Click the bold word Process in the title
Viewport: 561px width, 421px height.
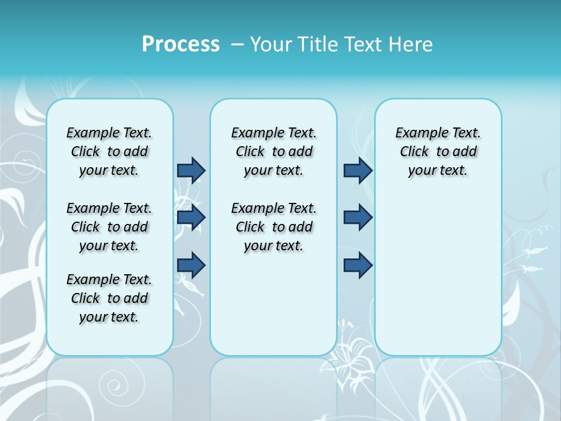tap(181, 44)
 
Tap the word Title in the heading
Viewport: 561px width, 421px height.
tap(318, 44)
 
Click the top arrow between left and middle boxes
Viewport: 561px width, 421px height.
tap(191, 170)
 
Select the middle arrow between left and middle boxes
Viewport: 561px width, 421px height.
tap(191, 218)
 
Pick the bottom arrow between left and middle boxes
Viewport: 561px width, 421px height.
tap(191, 265)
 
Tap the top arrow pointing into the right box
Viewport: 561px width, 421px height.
tap(358, 170)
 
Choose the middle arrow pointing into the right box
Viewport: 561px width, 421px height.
tap(358, 218)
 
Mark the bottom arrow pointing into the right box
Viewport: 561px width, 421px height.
tap(358, 265)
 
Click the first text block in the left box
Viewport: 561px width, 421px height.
tap(109, 151)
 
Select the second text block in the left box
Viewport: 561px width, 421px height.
tap(109, 227)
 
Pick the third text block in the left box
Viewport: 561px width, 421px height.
tap(109, 298)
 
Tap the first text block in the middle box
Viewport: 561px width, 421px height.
tap(273, 151)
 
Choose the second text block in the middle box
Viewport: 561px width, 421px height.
tap(273, 227)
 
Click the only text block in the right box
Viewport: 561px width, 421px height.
tap(438, 151)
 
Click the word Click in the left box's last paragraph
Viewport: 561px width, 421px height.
tap(85, 298)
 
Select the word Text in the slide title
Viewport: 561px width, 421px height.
tap(362, 44)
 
